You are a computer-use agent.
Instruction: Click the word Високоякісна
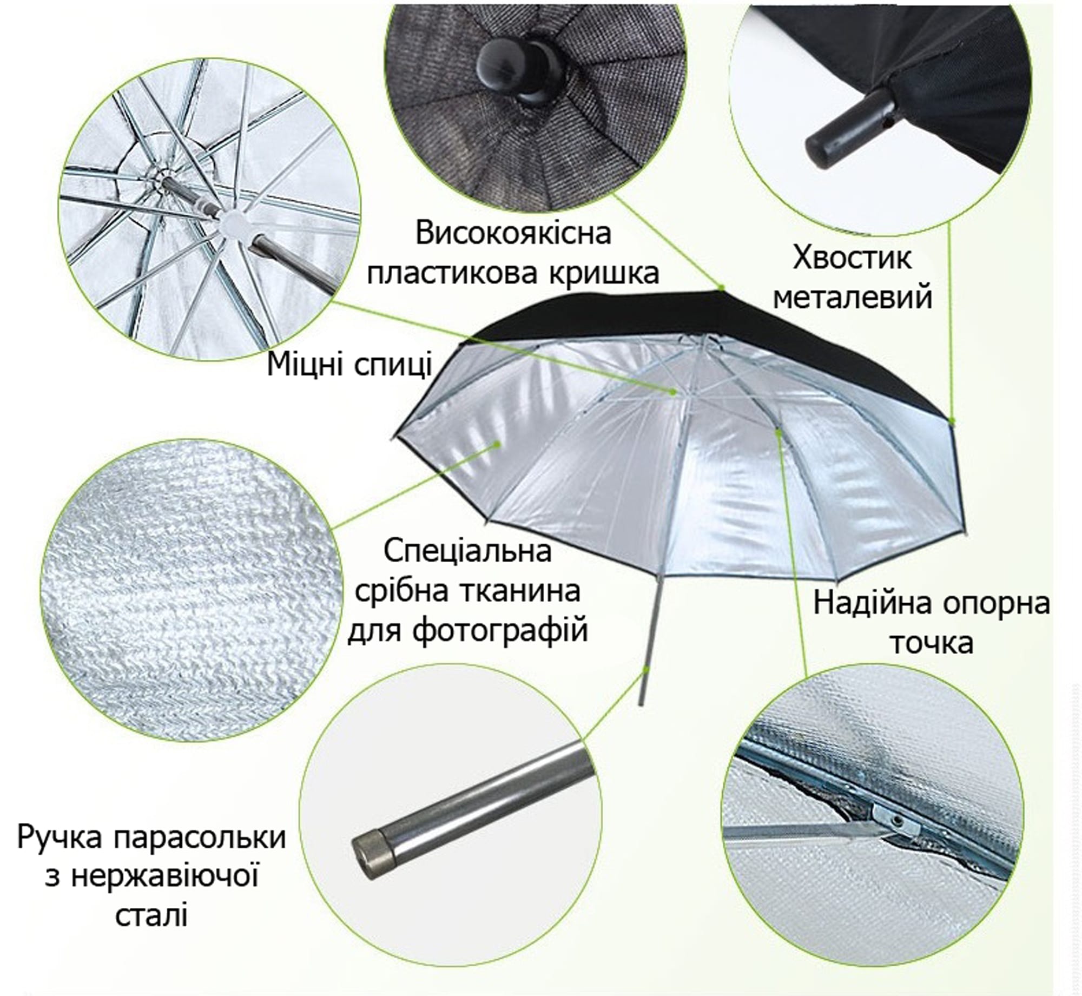[x=513, y=234]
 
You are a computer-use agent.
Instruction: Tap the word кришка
[x=604, y=274]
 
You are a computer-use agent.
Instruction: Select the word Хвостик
[x=852, y=258]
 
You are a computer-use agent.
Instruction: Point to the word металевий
[x=853, y=298]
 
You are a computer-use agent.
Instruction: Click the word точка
[x=932, y=643]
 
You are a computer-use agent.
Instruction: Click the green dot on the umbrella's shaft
[x=646, y=670]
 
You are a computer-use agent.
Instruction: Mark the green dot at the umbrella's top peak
[x=721, y=288]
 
